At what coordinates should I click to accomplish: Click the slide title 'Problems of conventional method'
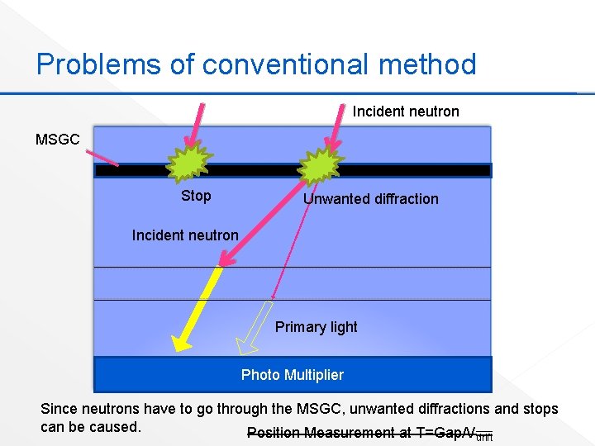(256, 64)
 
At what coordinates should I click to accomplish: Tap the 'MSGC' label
(58, 140)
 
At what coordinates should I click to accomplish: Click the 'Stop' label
(196, 196)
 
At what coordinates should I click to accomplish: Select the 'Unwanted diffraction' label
(370, 199)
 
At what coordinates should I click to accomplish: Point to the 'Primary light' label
(316, 327)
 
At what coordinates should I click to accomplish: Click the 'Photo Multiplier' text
(292, 375)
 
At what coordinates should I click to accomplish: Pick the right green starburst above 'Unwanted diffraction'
(320, 168)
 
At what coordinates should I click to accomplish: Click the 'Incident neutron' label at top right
(406, 111)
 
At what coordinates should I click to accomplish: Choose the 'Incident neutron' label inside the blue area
(185, 235)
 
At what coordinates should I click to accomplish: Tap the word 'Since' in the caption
(59, 409)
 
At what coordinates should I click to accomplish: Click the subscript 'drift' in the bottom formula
(485, 437)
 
